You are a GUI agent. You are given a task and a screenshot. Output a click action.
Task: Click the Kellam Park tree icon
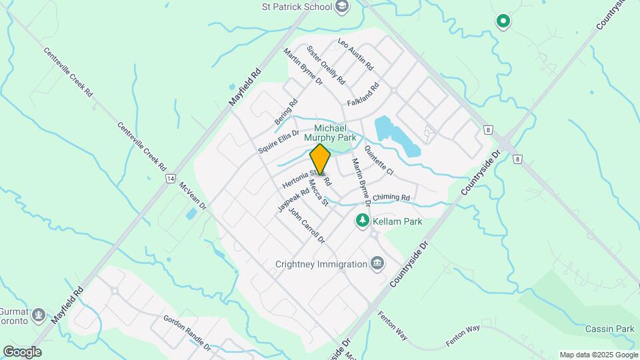pos(362,220)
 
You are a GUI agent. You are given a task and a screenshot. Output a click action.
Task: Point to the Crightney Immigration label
pos(321,264)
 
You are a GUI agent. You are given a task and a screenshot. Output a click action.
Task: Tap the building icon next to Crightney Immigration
pos(377,263)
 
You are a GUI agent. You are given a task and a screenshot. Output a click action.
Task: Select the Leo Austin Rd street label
pos(356,56)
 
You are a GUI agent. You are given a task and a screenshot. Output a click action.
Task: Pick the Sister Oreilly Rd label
pos(326,65)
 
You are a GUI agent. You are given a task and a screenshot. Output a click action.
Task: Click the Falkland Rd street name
pos(363,95)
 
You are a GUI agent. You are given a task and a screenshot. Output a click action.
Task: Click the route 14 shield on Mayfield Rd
pos(171,179)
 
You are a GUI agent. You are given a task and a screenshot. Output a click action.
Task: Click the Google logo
pos(22,351)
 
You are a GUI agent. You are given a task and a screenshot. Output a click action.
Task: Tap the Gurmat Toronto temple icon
pos(39,314)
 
